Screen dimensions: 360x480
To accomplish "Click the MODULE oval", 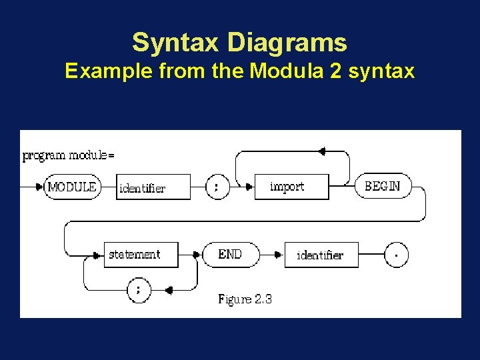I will pyautogui.click(x=71, y=187).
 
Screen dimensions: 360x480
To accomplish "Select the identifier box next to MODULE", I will pyautogui.click(x=153, y=187).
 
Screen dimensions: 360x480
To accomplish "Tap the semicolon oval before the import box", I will pyautogui.click(x=215, y=187).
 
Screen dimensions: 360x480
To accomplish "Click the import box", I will pyautogui.click(x=292, y=187).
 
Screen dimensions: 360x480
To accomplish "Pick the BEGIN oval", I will pyautogui.click(x=383, y=187).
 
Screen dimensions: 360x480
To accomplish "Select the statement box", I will pyautogui.click(x=141, y=254).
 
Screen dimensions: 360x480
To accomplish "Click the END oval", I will pyautogui.click(x=230, y=254).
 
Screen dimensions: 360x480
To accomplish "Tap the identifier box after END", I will pyautogui.click(x=321, y=255).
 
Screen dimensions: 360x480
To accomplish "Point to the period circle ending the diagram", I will pyautogui.click(x=396, y=255).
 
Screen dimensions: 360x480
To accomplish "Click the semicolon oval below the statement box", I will pyautogui.click(x=138, y=290).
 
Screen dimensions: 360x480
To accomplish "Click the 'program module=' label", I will pyautogui.click(x=68, y=155).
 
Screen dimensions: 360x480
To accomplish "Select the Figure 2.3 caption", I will pyautogui.click(x=245, y=299).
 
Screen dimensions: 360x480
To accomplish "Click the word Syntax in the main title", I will pyautogui.click(x=176, y=43).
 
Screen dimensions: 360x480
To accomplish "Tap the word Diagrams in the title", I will pyautogui.click(x=287, y=43).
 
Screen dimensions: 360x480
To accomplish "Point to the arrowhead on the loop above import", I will pyautogui.click(x=322, y=151).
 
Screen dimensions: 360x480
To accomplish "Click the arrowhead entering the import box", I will pyautogui.click(x=251, y=187).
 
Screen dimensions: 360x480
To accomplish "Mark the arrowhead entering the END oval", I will pyautogui.click(x=197, y=255).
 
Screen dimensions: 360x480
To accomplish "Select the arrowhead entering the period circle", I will pyautogui.click(x=380, y=255).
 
